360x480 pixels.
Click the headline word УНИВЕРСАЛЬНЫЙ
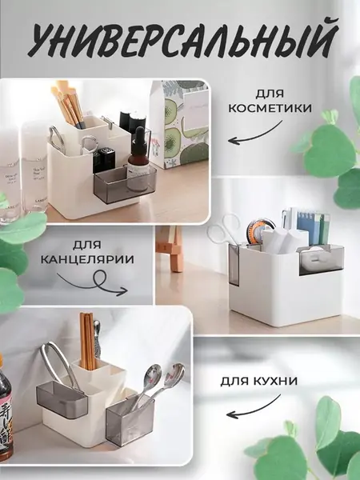[182, 39]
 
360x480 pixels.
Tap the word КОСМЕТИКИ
[270, 108]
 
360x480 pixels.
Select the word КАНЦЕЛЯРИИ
[87, 259]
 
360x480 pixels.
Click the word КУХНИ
[276, 381]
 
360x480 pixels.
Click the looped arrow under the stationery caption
[95, 283]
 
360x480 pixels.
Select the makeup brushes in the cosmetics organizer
[68, 104]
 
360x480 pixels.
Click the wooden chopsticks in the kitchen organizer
[88, 341]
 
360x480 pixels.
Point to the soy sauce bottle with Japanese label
[6, 410]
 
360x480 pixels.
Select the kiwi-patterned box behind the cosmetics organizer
[180, 124]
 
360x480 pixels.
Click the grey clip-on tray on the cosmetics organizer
[125, 185]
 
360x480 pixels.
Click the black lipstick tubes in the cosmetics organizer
[104, 159]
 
